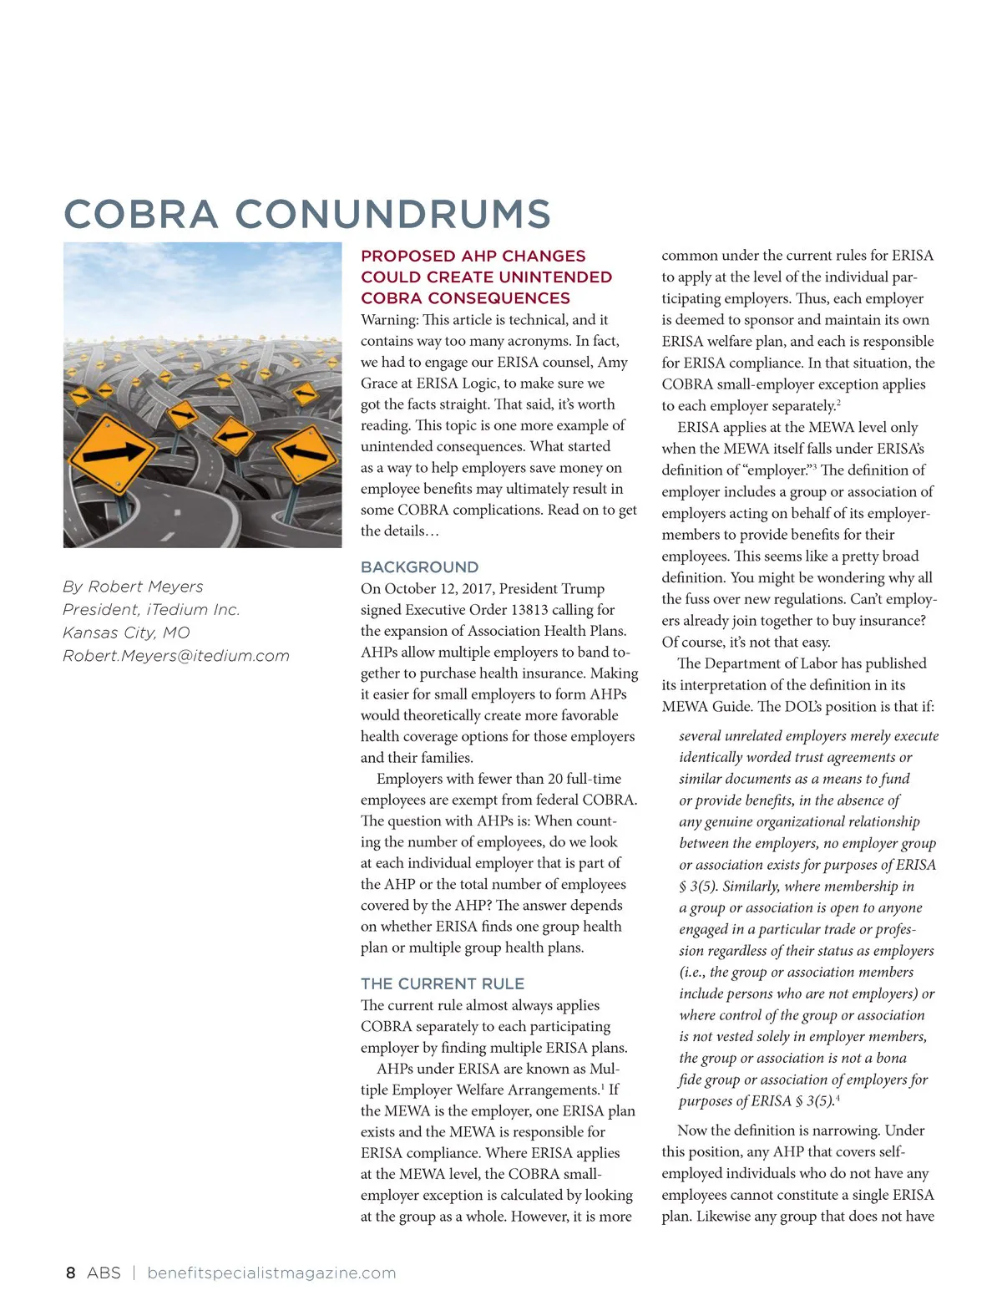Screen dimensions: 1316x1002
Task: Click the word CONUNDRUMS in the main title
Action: click(392, 214)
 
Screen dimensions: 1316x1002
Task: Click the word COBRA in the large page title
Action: click(140, 214)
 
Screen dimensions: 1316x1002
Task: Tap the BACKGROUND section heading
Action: click(419, 567)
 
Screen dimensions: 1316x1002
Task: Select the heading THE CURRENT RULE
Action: click(443, 983)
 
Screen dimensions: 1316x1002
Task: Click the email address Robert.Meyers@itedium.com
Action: click(176, 656)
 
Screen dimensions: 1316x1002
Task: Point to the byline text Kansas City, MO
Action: click(126, 633)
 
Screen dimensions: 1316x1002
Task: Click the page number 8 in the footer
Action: click(70, 1273)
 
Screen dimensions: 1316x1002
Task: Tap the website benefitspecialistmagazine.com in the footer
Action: click(271, 1273)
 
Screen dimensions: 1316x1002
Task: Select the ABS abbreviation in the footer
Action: click(104, 1273)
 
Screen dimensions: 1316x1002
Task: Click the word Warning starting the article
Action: click(388, 320)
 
